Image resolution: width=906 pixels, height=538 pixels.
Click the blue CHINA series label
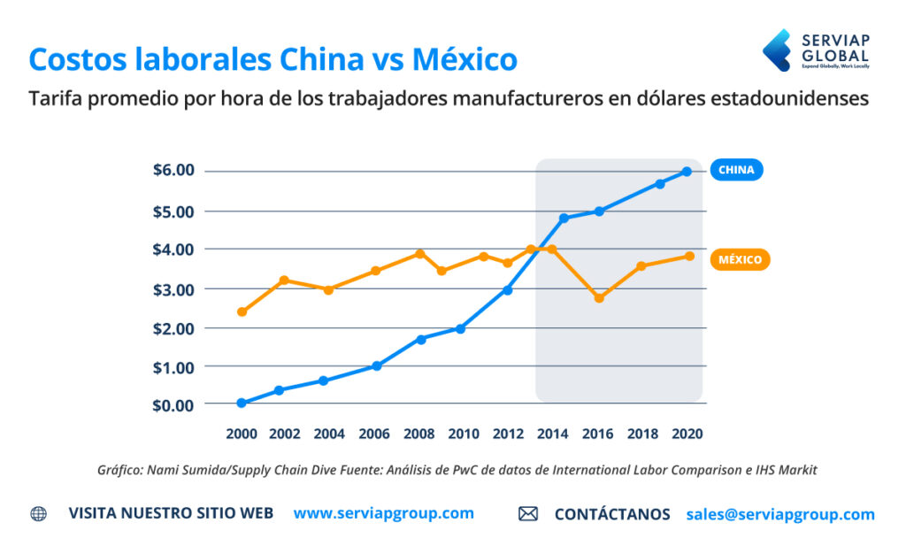tap(736, 170)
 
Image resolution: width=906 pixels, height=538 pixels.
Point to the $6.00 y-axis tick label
tap(173, 170)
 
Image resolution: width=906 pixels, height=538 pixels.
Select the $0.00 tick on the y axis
tap(173, 404)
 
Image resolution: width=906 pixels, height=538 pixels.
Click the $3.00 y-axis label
tap(173, 289)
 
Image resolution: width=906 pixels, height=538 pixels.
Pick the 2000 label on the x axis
tap(242, 434)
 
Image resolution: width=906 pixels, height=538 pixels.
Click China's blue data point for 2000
tap(242, 403)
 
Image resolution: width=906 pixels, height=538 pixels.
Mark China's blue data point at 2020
tap(687, 172)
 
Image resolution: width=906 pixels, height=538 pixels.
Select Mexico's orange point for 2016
tap(599, 298)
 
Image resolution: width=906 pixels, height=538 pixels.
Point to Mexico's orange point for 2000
tap(242, 311)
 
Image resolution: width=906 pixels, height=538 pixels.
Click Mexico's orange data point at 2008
tap(420, 254)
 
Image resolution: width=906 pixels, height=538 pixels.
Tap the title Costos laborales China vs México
tap(273, 59)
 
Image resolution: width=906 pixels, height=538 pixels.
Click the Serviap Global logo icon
tap(777, 50)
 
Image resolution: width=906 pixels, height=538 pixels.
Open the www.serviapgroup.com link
tap(383, 513)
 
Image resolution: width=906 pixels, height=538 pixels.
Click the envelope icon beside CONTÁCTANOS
tap(528, 514)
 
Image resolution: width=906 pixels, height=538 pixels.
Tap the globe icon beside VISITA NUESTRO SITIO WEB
tap(39, 514)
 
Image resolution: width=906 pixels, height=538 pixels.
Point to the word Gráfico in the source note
tap(122, 471)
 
